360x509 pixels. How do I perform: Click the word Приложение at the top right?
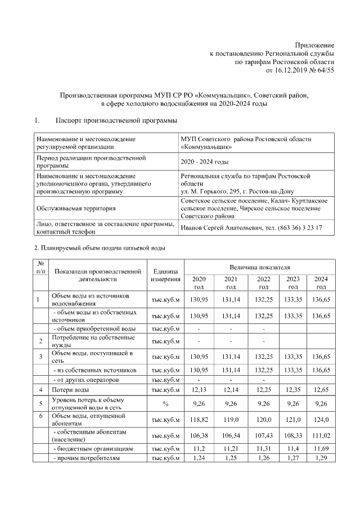click(315, 44)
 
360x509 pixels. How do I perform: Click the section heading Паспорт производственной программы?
click(116, 120)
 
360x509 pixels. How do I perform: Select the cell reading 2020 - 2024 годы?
click(204, 162)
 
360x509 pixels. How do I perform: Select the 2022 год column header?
click(263, 282)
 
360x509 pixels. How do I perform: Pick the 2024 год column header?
click(321, 282)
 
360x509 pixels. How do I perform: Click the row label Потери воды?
click(70, 390)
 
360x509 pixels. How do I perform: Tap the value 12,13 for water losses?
click(199, 390)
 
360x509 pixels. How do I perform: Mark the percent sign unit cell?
click(165, 403)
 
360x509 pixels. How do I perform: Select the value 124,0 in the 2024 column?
click(321, 419)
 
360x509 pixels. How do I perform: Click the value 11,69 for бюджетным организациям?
click(321, 449)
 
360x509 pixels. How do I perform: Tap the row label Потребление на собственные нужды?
click(93, 341)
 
